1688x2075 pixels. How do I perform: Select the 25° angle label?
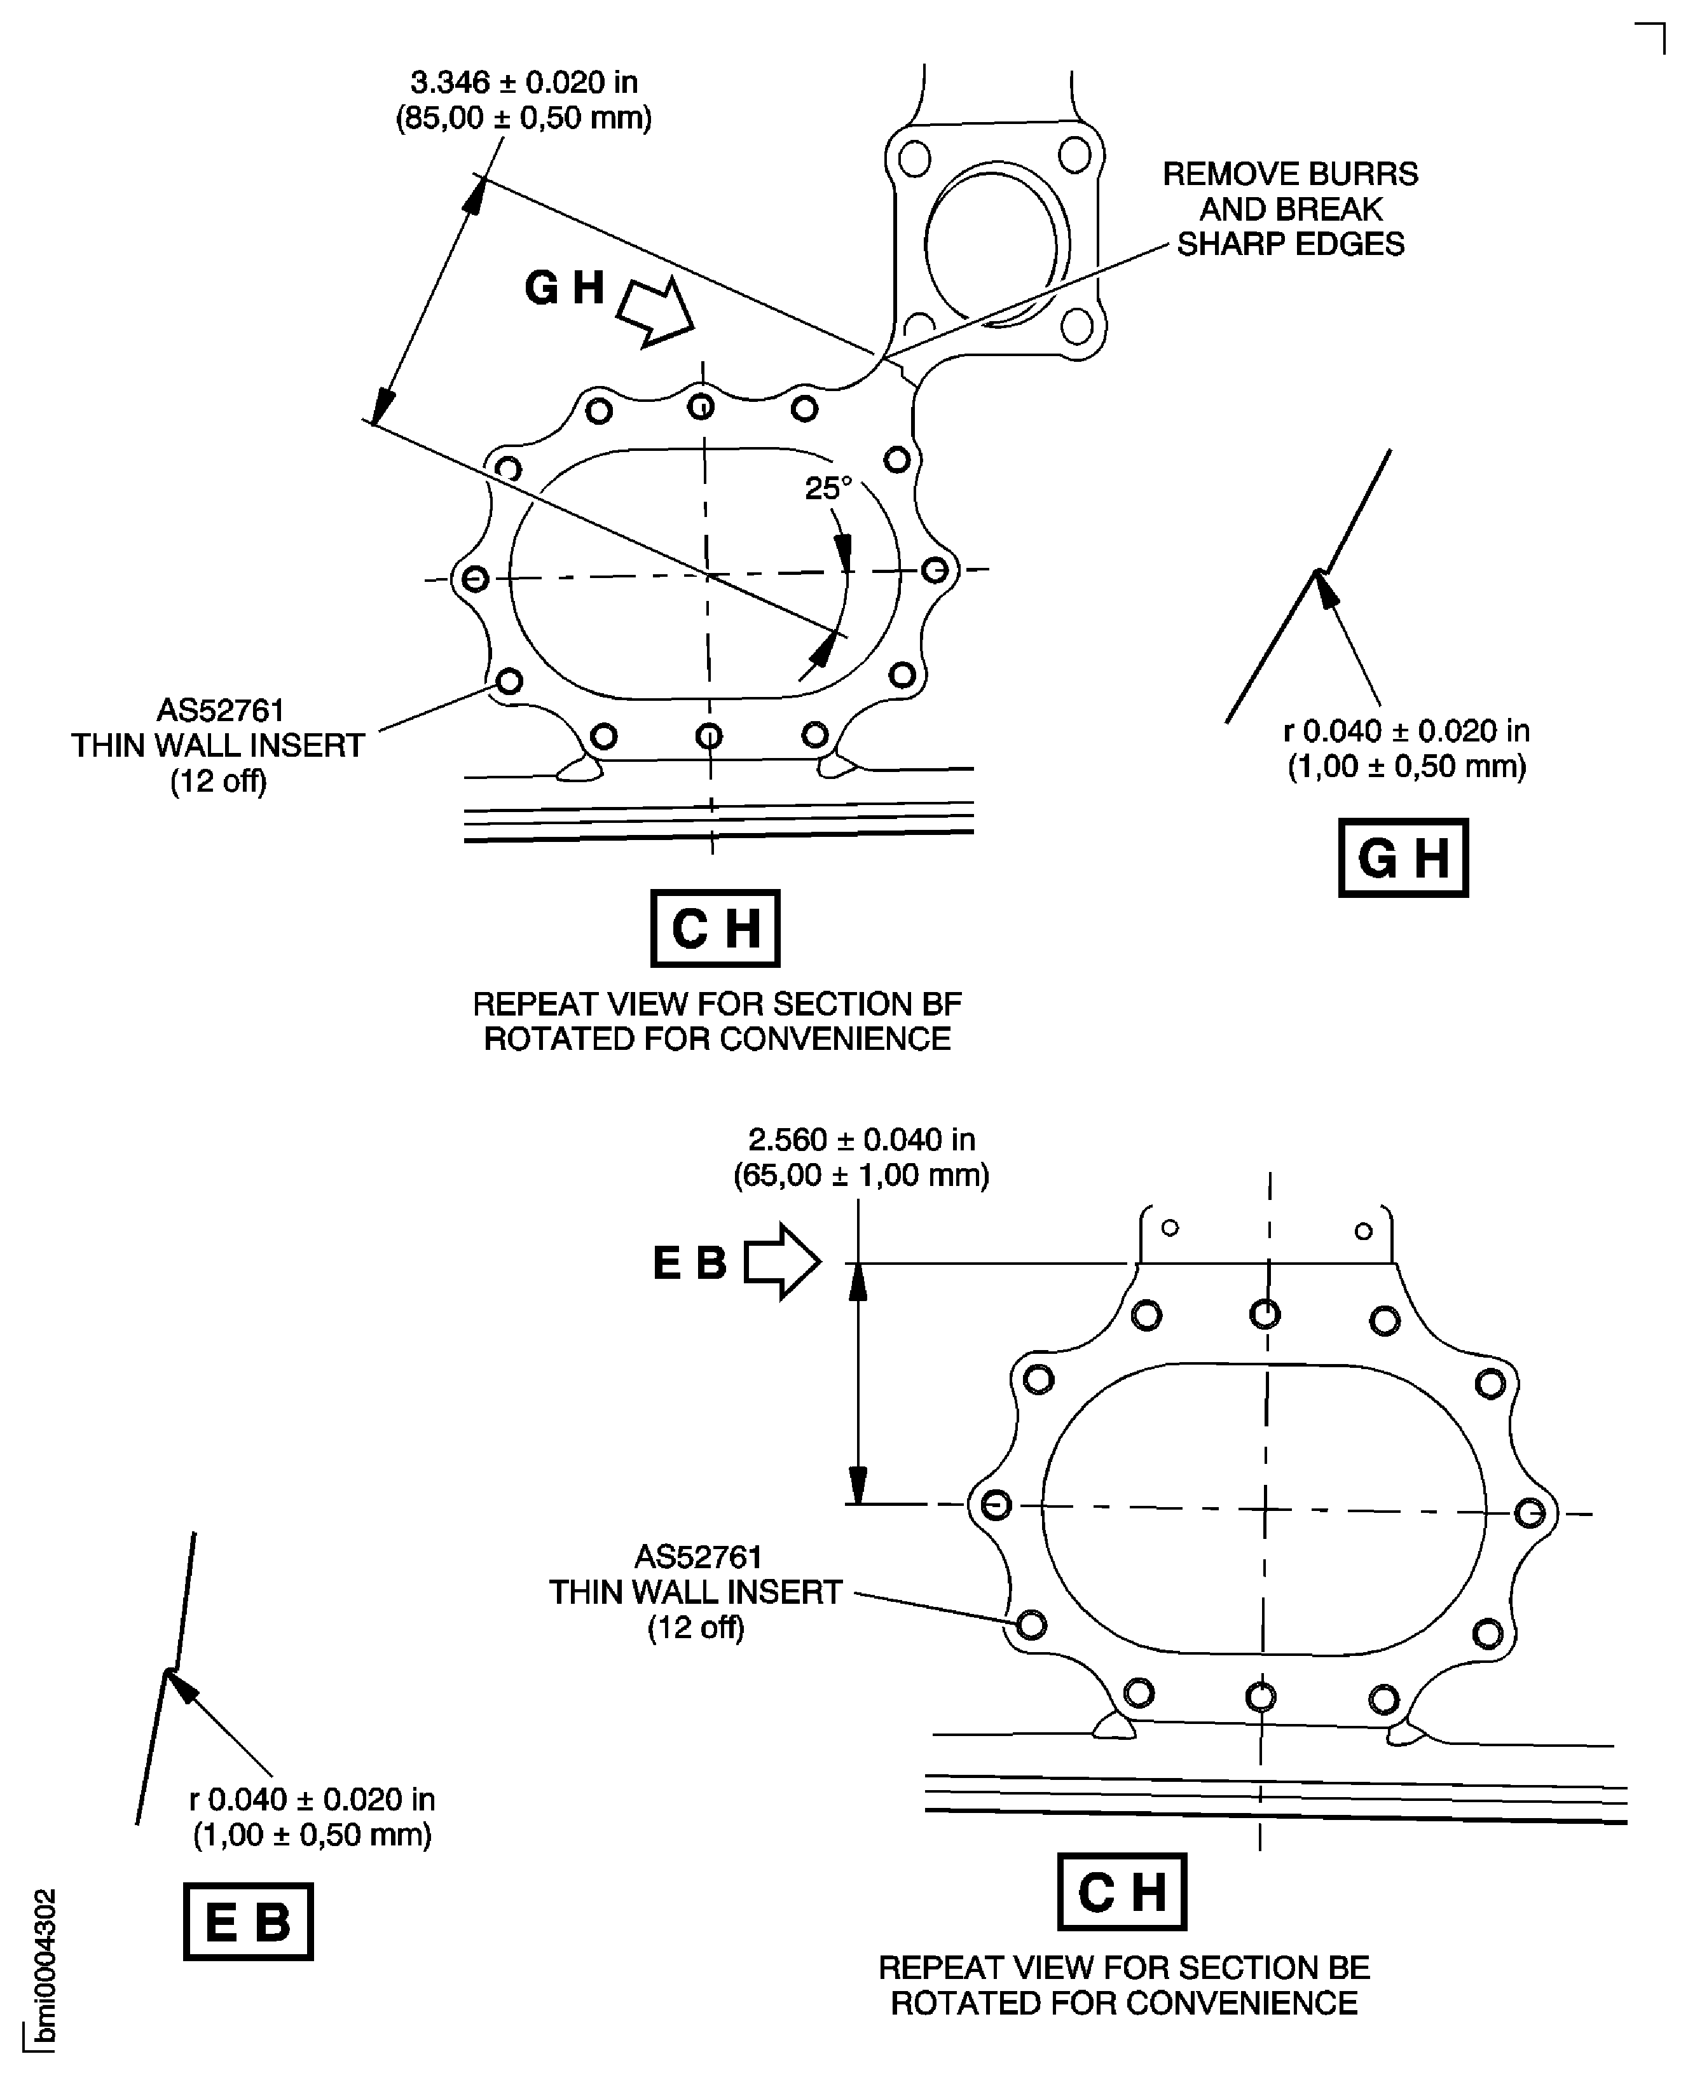click(828, 489)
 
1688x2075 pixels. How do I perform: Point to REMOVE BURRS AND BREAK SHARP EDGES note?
click(1289, 209)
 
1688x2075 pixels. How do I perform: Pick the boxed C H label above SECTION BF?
click(715, 928)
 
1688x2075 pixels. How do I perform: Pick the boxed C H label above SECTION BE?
click(1121, 1891)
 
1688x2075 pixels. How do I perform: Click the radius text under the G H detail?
click(1406, 748)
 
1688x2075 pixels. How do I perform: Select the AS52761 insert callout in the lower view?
click(696, 1592)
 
